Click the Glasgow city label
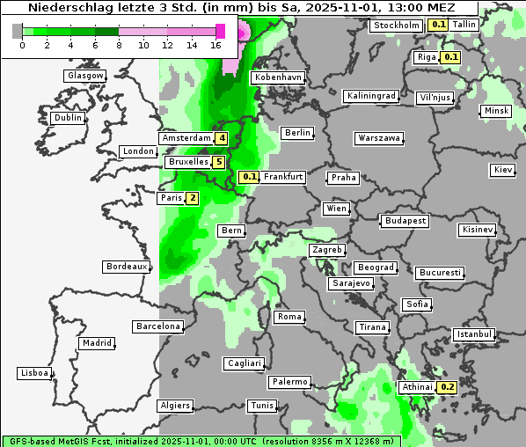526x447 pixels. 85,76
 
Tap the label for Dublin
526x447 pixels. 68,118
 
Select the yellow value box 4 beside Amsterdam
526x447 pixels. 223,138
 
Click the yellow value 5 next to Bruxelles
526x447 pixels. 218,162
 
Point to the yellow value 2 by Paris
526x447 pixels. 192,199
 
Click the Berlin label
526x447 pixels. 297,133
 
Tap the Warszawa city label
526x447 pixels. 379,138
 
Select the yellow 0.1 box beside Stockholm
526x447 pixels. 438,25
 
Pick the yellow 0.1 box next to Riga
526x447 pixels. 450,57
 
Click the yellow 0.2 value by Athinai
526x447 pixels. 447,387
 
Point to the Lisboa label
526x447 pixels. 34,373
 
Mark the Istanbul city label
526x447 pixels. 474,334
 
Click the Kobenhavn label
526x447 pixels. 277,77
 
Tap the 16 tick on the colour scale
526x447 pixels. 216,45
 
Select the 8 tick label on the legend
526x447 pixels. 119,45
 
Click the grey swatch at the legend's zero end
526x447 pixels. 18,31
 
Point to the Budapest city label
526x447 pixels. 405,220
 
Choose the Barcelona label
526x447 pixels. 158,326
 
